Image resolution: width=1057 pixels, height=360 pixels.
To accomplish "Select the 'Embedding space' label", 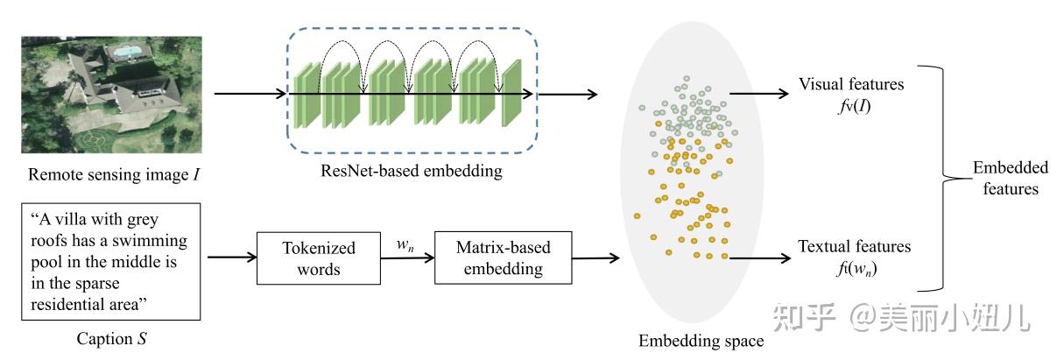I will [x=701, y=341].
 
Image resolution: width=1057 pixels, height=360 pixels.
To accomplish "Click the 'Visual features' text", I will [x=850, y=84].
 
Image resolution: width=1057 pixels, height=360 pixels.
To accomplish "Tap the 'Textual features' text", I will [x=854, y=247].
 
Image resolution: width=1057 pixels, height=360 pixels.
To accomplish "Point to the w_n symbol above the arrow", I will [x=405, y=245].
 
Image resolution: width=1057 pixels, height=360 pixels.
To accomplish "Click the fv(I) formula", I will [x=850, y=107].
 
